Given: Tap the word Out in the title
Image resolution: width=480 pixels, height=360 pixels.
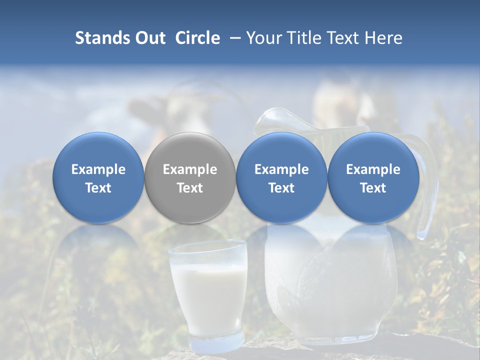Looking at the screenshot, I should click(148, 38).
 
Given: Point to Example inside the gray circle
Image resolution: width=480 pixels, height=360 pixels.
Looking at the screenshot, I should click(190, 169).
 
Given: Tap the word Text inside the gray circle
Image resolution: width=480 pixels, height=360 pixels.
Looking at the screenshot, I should click(190, 188).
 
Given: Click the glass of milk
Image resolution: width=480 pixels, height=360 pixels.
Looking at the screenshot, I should click(207, 290).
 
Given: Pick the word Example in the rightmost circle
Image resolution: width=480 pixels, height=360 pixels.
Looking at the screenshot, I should click(373, 169).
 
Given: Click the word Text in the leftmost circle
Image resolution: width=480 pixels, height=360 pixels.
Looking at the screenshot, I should click(98, 188).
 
